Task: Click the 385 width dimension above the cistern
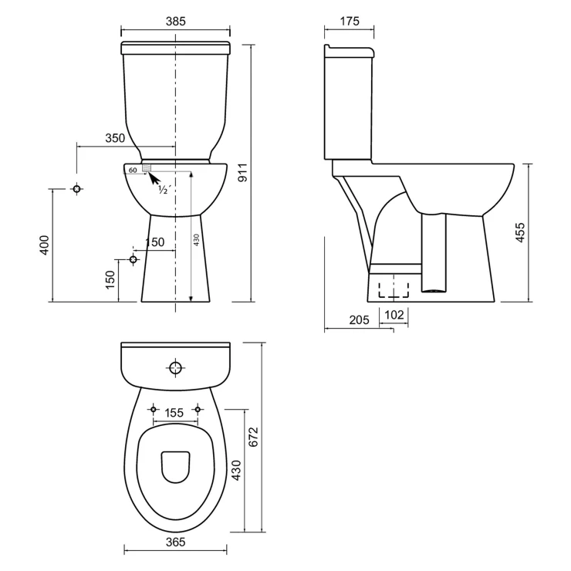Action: [176, 22]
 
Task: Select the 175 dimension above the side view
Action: [350, 22]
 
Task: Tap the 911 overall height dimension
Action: [242, 173]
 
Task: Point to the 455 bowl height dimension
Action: [520, 232]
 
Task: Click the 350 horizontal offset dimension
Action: [115, 138]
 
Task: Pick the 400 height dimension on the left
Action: [44, 245]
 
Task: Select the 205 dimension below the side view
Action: [359, 319]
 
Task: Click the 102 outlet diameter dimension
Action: [394, 315]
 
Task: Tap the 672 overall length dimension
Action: [253, 437]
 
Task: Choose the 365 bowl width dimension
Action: [175, 542]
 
